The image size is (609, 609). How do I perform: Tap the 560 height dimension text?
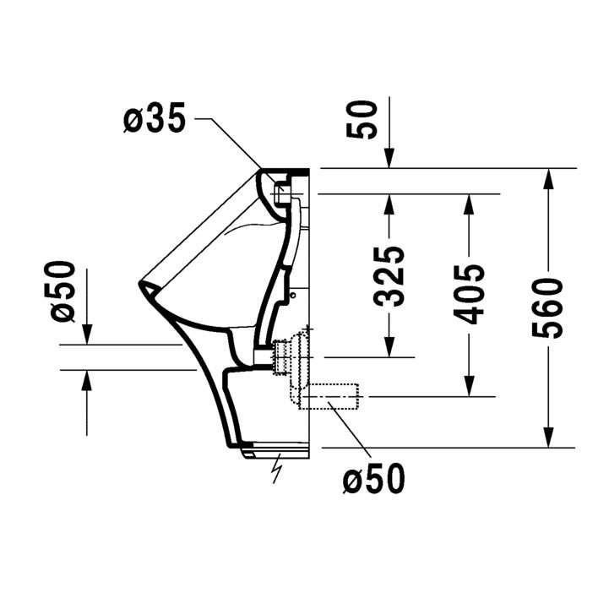tap(547, 307)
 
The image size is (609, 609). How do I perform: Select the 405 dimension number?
tap(469, 294)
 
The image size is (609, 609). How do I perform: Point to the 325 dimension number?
tap(389, 275)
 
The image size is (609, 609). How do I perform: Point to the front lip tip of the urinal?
tap(141, 287)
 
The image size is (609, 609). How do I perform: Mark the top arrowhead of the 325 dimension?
tap(389, 203)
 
